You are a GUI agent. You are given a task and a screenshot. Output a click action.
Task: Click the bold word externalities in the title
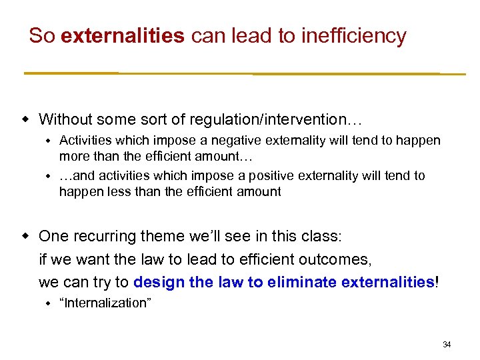(121, 36)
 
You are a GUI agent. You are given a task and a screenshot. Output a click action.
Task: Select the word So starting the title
(41, 36)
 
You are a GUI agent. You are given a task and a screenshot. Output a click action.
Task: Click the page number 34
(447, 345)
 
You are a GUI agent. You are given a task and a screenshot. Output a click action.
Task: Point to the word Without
(65, 120)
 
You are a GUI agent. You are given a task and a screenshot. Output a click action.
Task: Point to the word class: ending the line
(322, 236)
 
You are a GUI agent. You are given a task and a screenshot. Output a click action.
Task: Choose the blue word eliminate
(301, 282)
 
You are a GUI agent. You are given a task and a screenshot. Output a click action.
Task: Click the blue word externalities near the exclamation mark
(387, 282)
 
